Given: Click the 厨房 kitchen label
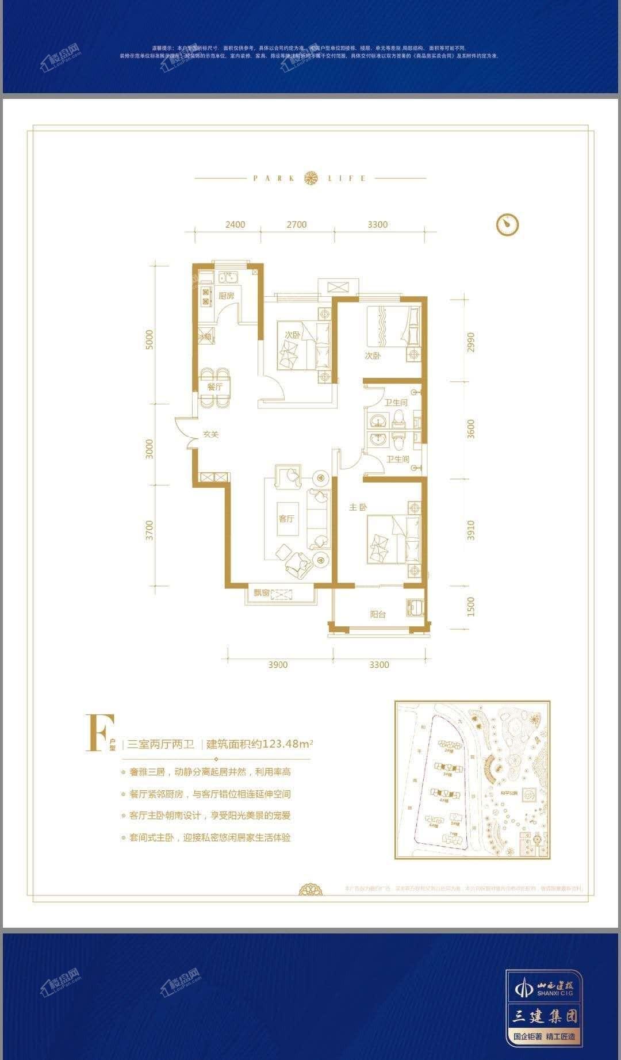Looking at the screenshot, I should [227, 296].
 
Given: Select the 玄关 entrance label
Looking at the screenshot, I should [210, 434].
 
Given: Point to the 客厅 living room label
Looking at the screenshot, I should [286, 518].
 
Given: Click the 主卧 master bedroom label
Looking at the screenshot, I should [358, 507].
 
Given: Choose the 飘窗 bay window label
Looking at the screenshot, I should [259, 594].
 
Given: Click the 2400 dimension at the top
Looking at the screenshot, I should [235, 224].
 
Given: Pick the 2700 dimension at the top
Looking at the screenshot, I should [297, 224].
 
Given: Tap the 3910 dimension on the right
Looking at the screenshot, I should [471, 530].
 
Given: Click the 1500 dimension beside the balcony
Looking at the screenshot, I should [471, 607].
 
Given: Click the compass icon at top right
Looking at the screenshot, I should [507, 224].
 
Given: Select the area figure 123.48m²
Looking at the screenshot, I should [287, 743].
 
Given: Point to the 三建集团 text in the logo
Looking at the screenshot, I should [545, 1015].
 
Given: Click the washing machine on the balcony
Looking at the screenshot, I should [415, 607].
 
